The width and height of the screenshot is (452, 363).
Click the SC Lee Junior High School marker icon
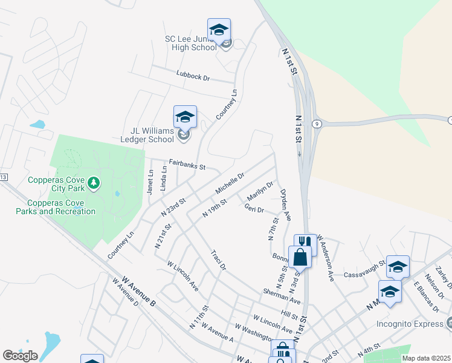(219, 30)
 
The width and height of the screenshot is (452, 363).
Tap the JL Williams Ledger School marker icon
(185, 117)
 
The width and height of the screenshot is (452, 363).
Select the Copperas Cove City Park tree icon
(93, 182)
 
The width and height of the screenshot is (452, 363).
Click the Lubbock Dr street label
(193, 78)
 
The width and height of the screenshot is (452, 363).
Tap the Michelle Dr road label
(230, 183)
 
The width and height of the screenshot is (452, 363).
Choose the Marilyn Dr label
(260, 191)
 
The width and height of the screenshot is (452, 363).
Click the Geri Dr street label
(254, 209)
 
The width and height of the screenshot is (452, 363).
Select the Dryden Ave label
(285, 204)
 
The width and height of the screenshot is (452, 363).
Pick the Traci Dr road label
(218, 259)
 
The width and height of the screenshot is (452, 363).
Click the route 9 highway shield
(316, 123)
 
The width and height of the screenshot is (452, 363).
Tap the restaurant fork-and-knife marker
(305, 243)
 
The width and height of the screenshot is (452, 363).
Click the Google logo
(20, 356)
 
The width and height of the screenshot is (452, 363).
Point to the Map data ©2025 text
(427, 358)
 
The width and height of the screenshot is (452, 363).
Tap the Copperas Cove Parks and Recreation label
(56, 207)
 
